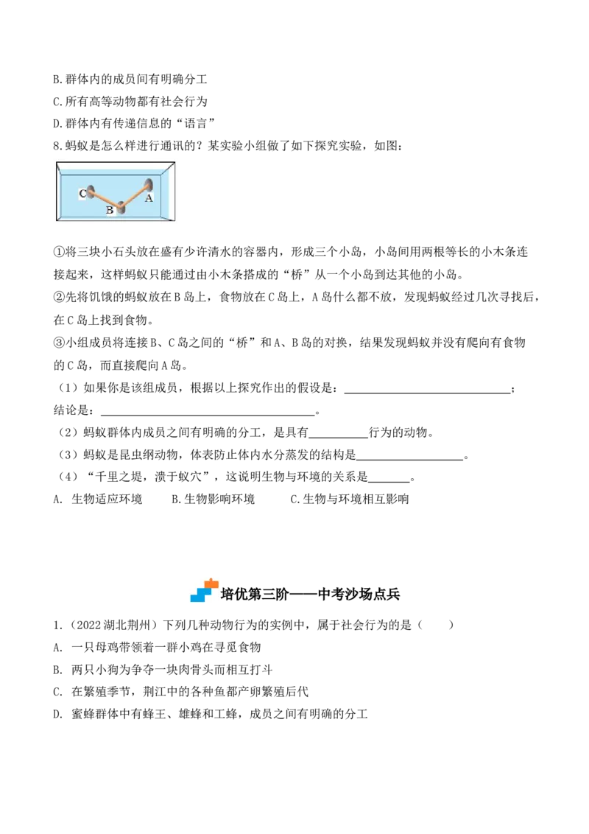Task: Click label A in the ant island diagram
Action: pyautogui.click(x=149, y=198)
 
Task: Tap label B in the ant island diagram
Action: pyautogui.click(x=110, y=210)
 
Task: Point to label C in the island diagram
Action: pyautogui.click(x=82, y=193)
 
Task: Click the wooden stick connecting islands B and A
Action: pyautogui.click(x=135, y=195)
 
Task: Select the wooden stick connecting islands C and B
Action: pyautogui.click(x=106, y=197)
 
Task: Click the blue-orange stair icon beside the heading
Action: pyautogui.click(x=205, y=590)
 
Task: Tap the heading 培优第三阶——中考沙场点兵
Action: pyautogui.click(x=311, y=594)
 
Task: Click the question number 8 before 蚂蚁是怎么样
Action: pyautogui.click(x=57, y=146)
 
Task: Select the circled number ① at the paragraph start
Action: pyautogui.click(x=58, y=251)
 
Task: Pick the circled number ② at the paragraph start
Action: pyautogui.click(x=58, y=297)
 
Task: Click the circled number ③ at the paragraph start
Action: pyautogui.click(x=58, y=343)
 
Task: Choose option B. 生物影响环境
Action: pyautogui.click(x=214, y=499)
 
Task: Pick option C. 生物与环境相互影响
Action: pyautogui.click(x=349, y=499)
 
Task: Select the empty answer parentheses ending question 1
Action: pyautogui.click(x=437, y=625)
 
